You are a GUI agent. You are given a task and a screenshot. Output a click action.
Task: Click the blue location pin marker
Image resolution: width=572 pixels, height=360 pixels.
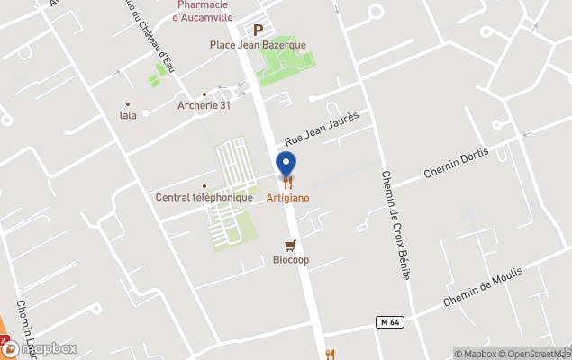click(286, 165)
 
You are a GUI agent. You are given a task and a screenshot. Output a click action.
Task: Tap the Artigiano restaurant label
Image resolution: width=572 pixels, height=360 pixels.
click(286, 197)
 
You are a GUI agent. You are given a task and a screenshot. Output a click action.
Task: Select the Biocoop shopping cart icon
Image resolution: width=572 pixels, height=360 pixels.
click(290, 245)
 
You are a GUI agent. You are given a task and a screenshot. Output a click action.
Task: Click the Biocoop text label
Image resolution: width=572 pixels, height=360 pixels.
click(290, 260)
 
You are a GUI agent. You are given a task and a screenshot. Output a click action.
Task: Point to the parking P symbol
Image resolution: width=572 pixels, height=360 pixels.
click(258, 30)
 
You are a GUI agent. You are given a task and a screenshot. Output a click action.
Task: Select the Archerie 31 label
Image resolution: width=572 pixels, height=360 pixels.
click(205, 105)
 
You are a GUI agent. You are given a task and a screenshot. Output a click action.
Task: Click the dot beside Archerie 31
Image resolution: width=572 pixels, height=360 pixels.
click(205, 94)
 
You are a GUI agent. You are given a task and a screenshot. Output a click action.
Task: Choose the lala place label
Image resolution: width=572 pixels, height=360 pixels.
click(128, 115)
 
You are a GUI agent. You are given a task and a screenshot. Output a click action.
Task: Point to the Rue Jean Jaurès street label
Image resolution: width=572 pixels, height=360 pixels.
click(322, 129)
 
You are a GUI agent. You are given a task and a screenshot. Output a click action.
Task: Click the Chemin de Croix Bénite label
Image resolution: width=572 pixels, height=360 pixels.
click(395, 225)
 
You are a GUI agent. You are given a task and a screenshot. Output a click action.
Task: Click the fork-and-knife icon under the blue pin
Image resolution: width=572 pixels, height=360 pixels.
click(286, 183)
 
